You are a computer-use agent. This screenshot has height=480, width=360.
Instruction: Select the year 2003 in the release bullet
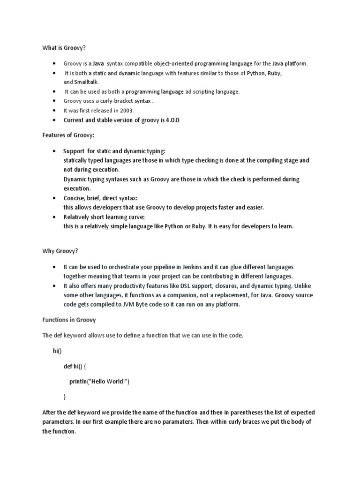pos(127,111)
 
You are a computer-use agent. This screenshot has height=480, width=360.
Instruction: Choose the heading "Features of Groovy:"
pos(68,135)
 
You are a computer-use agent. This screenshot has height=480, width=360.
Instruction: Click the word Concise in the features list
pos(74,198)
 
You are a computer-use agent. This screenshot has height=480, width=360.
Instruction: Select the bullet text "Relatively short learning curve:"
pos(104,217)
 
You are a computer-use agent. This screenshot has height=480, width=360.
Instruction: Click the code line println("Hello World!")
pos(99,381)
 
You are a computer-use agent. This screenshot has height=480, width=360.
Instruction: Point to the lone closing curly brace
pos(65,397)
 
